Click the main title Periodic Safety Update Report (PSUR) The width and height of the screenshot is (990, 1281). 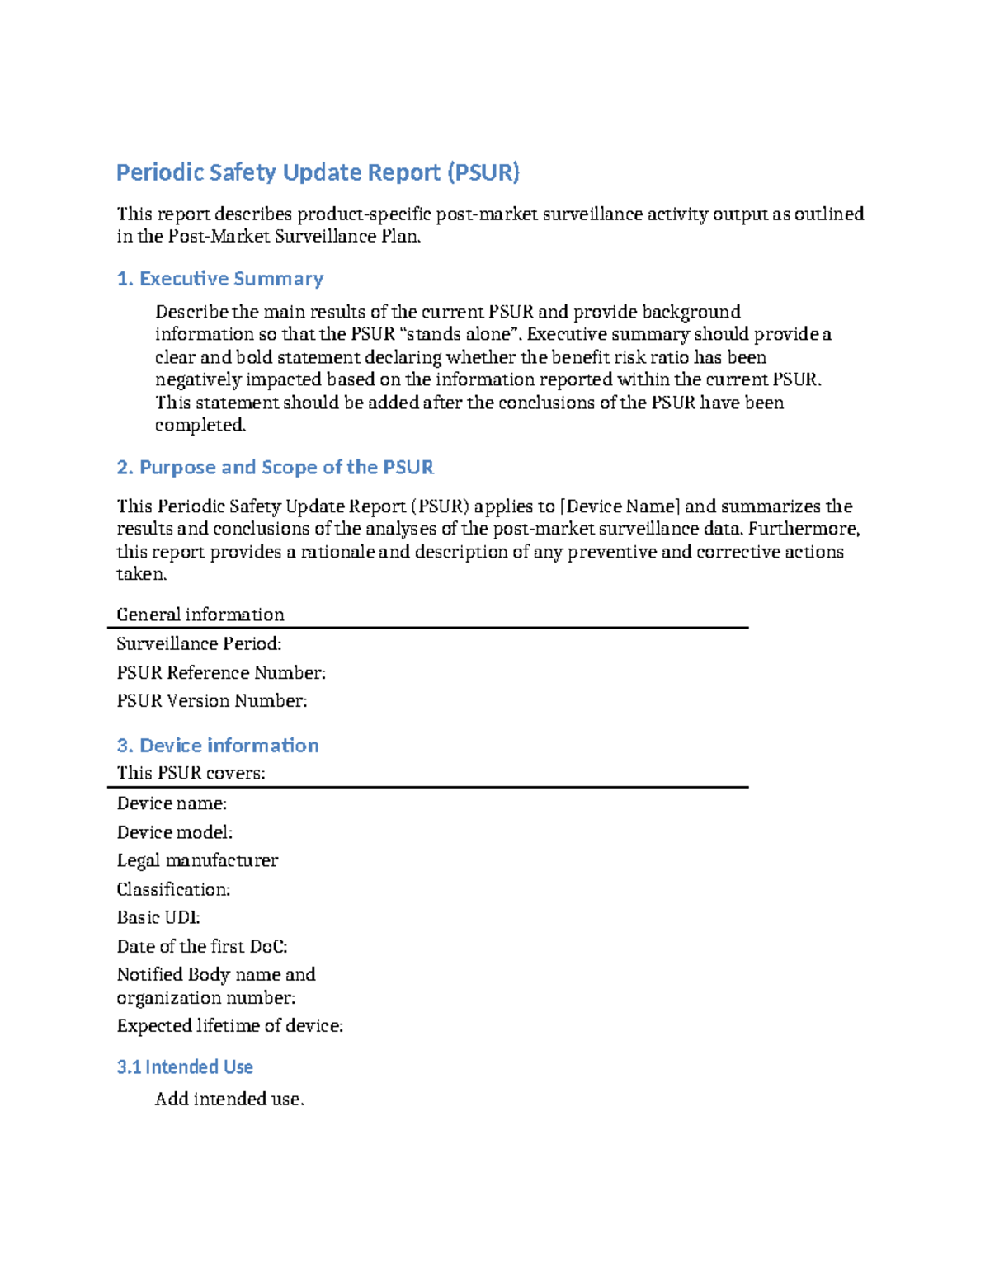(x=318, y=172)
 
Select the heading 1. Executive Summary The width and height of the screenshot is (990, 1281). (x=219, y=279)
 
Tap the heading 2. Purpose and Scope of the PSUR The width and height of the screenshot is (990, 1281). (x=275, y=468)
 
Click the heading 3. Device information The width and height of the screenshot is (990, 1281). (x=217, y=746)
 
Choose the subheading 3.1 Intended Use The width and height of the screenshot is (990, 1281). (x=185, y=1067)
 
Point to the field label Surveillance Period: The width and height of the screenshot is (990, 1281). (x=199, y=644)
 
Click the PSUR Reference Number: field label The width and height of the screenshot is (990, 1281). (x=221, y=673)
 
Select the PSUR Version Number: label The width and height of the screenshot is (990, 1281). (x=211, y=701)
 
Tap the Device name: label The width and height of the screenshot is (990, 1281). (x=172, y=803)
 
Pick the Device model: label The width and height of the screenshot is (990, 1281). (x=174, y=832)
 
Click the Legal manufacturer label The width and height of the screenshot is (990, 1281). (x=197, y=860)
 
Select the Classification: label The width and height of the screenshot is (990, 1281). (x=173, y=889)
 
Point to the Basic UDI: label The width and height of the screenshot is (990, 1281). (x=158, y=917)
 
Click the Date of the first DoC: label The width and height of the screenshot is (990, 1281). (x=202, y=946)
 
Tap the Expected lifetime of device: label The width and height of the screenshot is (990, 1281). (x=229, y=1026)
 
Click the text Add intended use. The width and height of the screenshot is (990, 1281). (x=229, y=1100)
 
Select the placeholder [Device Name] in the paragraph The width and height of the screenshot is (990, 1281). (x=620, y=506)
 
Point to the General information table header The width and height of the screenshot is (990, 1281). (x=200, y=615)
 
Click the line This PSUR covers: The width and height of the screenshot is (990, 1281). (x=191, y=773)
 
